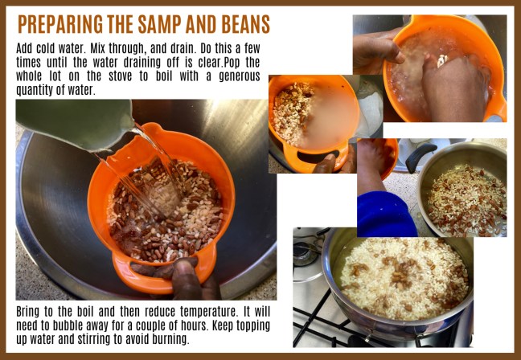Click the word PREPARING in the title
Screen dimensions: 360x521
click(61, 23)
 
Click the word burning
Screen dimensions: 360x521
click(171, 338)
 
